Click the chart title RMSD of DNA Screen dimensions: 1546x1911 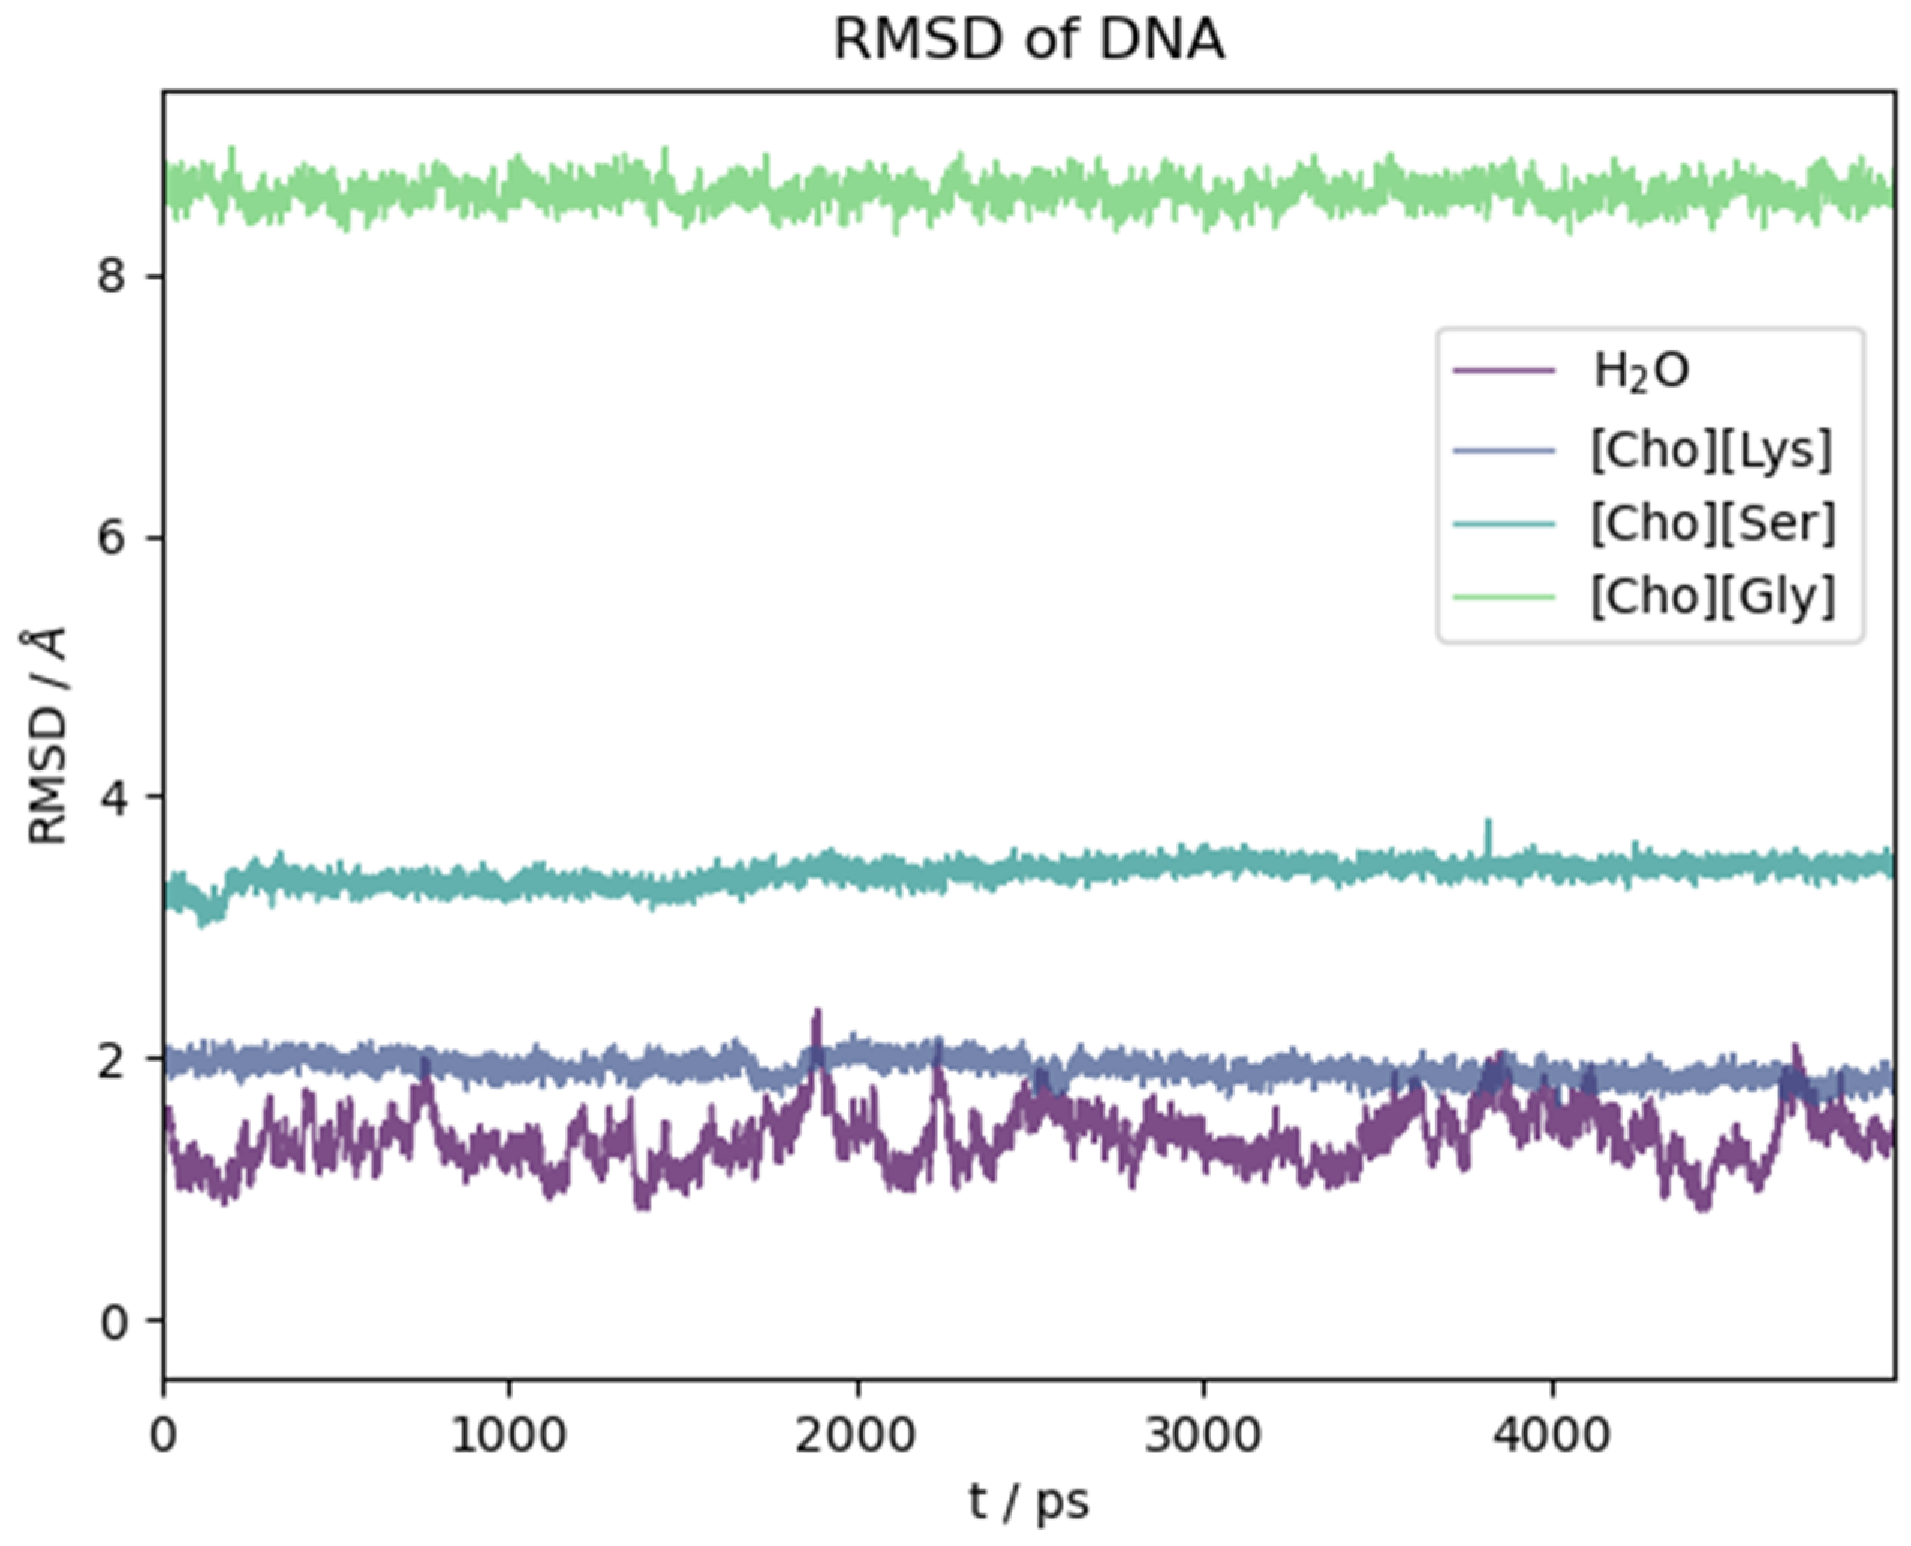coord(1029,40)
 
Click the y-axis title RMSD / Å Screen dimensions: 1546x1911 coord(46,736)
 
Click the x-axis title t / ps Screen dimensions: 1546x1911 coord(1029,1502)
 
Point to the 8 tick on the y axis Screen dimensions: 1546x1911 coord(112,277)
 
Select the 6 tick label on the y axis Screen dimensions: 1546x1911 coord(112,538)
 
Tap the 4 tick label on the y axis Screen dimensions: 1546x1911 coord(112,797)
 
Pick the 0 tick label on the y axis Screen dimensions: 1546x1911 coord(112,1321)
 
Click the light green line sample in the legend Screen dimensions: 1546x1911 coord(1504,596)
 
